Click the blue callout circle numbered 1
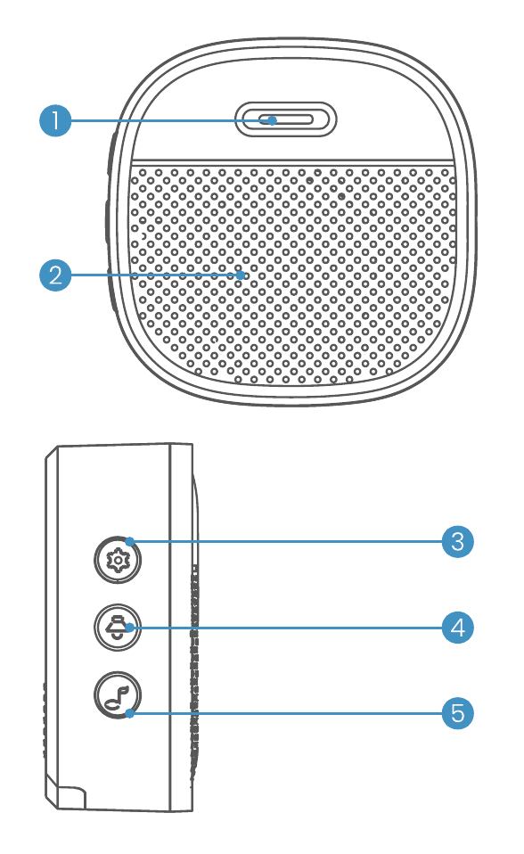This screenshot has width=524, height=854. point(55,120)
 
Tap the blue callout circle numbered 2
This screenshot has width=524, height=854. point(55,275)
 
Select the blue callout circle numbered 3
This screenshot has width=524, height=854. point(457,541)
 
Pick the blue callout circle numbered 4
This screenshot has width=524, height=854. point(457,628)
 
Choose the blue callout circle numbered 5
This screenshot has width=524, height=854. point(457,713)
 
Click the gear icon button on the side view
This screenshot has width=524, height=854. point(117,560)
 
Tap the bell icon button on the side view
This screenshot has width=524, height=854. point(117,628)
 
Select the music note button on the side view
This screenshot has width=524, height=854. point(117,695)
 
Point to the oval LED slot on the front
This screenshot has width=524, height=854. point(286,119)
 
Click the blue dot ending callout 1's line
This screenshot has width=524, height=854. point(273,120)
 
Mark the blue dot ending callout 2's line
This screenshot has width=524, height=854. point(241,275)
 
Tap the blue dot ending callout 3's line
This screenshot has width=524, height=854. point(129,541)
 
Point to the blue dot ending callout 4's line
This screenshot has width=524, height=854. point(129,628)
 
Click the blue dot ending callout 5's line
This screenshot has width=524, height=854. point(129,713)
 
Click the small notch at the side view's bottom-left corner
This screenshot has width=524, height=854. point(65,797)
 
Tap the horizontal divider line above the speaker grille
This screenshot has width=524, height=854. point(292,161)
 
